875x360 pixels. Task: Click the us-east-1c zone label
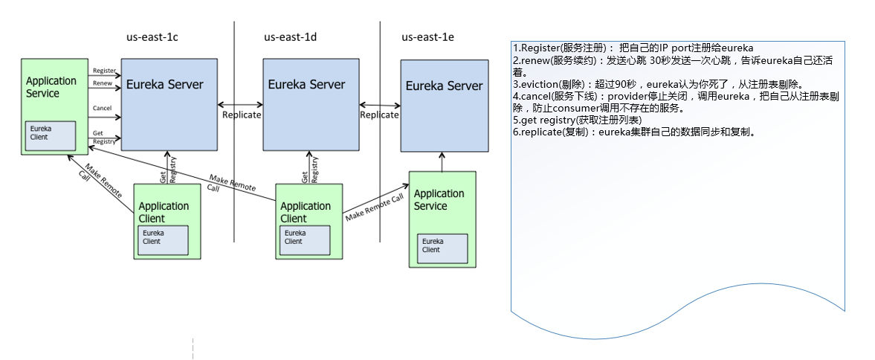(x=152, y=37)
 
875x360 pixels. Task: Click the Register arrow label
(x=104, y=71)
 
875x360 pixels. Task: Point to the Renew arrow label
(x=103, y=83)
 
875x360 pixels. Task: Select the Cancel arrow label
(x=103, y=109)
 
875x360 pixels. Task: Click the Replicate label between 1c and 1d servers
(x=242, y=115)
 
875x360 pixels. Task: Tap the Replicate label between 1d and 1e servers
(x=379, y=115)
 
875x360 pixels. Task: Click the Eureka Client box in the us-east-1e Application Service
(x=442, y=247)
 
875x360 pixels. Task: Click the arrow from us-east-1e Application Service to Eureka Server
(x=442, y=161)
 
